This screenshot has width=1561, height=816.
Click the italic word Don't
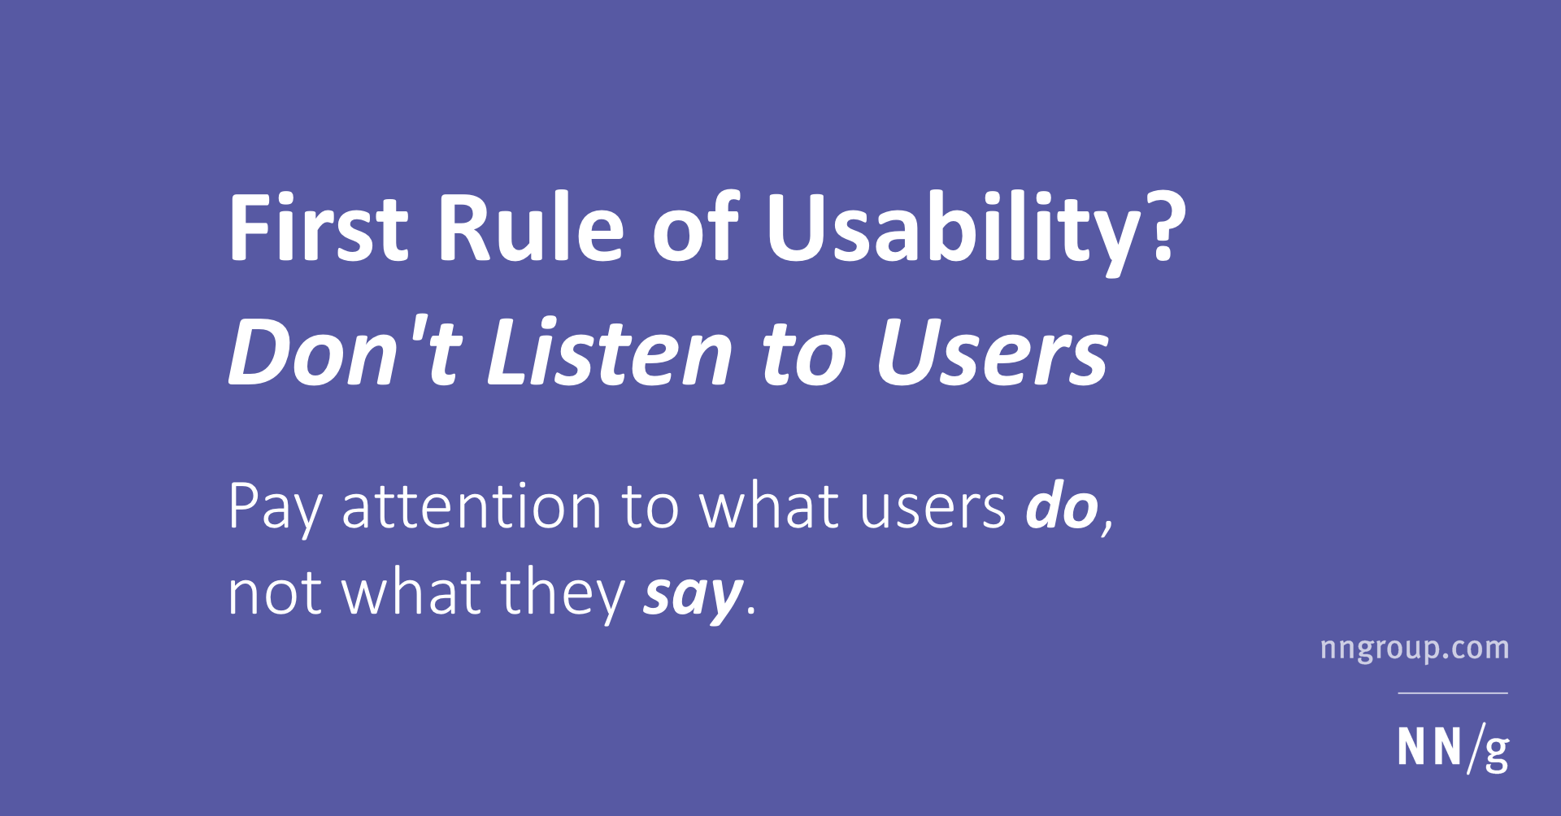coord(346,351)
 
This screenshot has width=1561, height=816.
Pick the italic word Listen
coord(610,351)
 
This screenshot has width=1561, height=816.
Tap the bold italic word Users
coord(993,351)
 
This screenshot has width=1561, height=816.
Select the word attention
coord(472,507)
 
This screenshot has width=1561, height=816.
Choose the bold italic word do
coord(1062,506)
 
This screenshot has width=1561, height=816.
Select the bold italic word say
coord(694,597)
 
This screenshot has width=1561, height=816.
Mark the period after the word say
coord(750,610)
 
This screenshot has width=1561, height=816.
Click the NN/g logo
coord(1453,748)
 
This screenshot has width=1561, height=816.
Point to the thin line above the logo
coord(1453,693)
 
